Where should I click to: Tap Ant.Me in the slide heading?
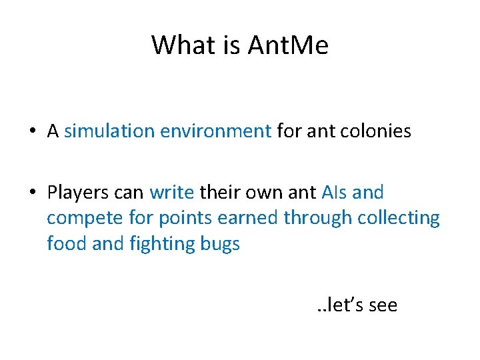[287, 45]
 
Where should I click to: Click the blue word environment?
[215, 131]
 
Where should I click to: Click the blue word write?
[171, 193]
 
